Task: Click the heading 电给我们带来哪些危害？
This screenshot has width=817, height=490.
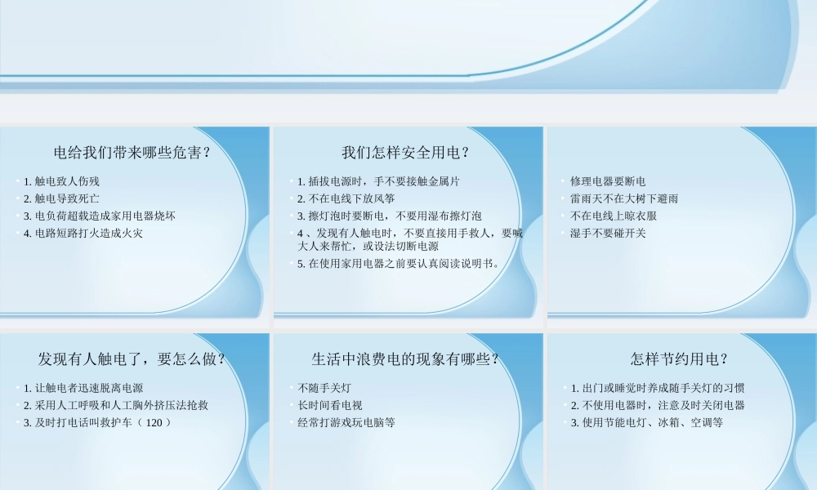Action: click(x=133, y=153)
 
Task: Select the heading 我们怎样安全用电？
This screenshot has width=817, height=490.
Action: click(x=406, y=153)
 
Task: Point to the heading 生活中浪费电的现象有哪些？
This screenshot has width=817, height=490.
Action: click(x=406, y=359)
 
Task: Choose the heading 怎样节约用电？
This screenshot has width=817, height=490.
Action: click(x=680, y=359)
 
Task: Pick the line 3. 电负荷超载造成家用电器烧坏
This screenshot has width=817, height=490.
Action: click(x=99, y=216)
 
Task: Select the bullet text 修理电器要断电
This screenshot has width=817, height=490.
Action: click(x=608, y=181)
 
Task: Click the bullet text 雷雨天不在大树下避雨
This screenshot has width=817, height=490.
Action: click(x=624, y=198)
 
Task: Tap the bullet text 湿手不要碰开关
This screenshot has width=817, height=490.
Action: click(x=608, y=234)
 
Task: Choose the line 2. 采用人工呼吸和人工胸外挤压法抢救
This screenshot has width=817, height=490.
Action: click(x=115, y=405)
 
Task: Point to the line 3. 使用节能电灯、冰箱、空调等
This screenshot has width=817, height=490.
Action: click(x=646, y=423)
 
